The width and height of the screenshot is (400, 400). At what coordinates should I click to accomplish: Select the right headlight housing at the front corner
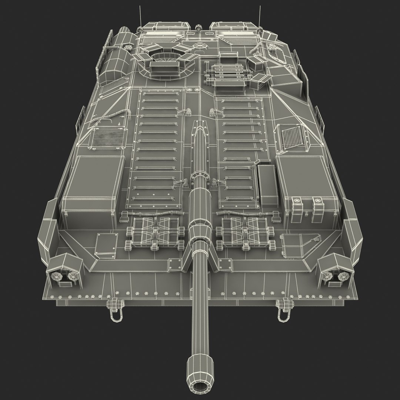335,271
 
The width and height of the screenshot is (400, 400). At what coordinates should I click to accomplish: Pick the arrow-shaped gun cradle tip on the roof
200,125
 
